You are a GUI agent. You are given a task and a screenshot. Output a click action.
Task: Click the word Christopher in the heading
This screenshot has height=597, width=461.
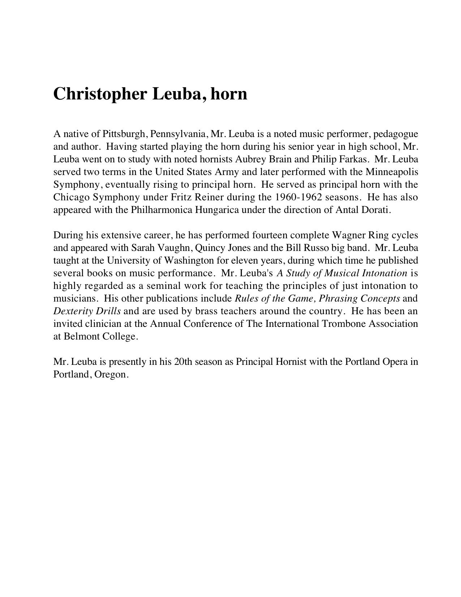[x=100, y=94]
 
